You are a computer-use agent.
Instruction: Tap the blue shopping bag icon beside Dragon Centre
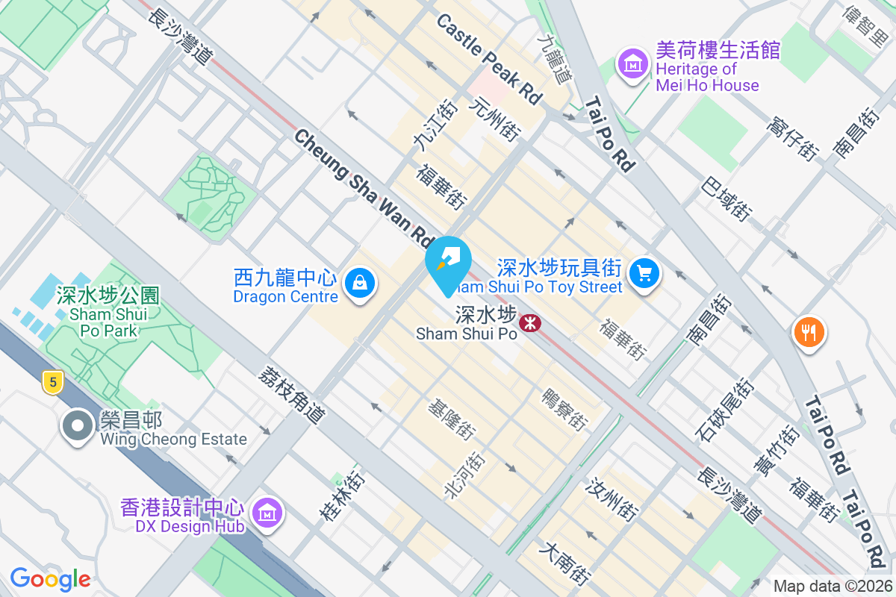click(360, 284)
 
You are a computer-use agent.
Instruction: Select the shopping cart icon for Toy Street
click(644, 274)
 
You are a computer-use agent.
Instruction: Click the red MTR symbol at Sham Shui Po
click(530, 322)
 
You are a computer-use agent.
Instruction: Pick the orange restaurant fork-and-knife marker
click(809, 330)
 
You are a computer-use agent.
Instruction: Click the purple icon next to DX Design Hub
click(266, 513)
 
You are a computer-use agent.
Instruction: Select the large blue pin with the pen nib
click(448, 263)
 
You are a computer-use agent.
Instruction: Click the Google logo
click(50, 578)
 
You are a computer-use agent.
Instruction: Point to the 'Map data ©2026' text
click(832, 587)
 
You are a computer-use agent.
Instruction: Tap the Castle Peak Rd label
click(489, 59)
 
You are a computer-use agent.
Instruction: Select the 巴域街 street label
click(727, 198)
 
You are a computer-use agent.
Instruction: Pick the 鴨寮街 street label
click(563, 409)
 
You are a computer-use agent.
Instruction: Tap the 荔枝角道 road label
click(292, 395)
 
